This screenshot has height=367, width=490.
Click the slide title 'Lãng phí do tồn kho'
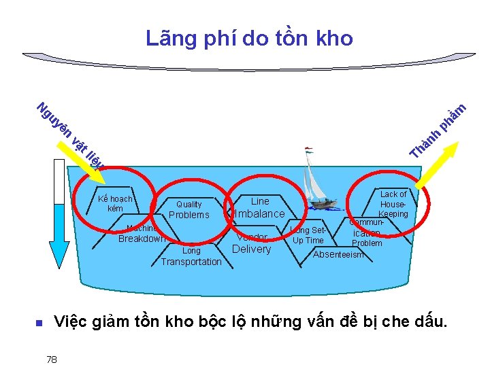249,39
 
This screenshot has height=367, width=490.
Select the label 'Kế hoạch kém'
115,204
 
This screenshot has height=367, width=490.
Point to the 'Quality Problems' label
189,209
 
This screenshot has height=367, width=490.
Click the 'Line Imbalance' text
260,207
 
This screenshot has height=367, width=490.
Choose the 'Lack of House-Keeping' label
393,204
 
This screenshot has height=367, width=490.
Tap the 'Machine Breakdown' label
142,234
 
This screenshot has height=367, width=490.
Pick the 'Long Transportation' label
191,256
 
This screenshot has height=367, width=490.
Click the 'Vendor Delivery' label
252,243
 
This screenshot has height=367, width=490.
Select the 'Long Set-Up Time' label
308,235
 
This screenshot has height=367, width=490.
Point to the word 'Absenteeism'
338,255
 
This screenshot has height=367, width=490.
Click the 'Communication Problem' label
367,232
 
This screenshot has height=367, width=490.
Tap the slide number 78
52,358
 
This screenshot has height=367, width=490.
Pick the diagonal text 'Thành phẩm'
438,130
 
